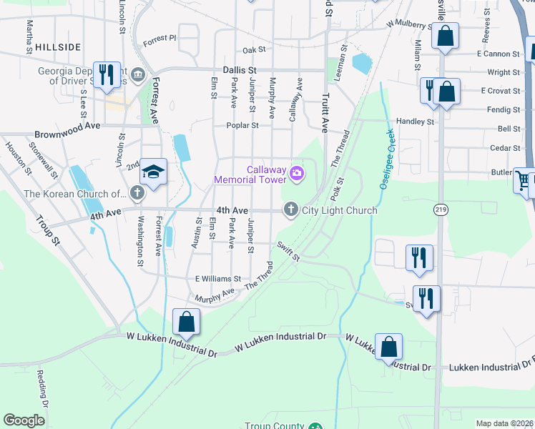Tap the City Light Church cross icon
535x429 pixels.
pyautogui.click(x=290, y=209)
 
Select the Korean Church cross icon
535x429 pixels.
pyautogui.click(x=137, y=192)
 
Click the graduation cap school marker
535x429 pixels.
pyautogui.click(x=153, y=172)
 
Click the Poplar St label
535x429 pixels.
pyautogui.click(x=244, y=124)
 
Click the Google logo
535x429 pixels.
pyautogui.click(x=24, y=420)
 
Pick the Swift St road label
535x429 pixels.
pyautogui.click(x=288, y=251)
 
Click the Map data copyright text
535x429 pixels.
pyautogui.click(x=505, y=423)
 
